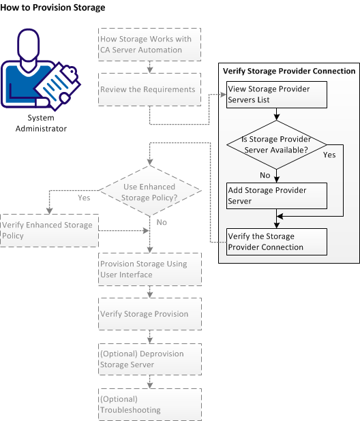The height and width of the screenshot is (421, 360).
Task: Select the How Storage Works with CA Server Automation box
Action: pyautogui.click(x=150, y=44)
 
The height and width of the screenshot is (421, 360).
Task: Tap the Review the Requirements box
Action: pyautogui.click(x=150, y=89)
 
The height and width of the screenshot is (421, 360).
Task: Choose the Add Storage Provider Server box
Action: pyautogui.click(x=277, y=196)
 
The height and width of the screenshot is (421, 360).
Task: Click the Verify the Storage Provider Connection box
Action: pyautogui.click(x=277, y=242)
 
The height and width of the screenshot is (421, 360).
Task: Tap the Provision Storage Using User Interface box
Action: pyautogui.click(x=150, y=269)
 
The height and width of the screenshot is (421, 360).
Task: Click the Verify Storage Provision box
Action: pyautogui.click(x=150, y=314)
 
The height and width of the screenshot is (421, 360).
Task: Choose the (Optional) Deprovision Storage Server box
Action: pyautogui.click(x=150, y=360)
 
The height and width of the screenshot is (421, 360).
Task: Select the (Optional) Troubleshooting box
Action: pyautogui.click(x=150, y=405)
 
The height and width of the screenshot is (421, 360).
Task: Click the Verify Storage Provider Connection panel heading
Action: pyautogui.click(x=289, y=71)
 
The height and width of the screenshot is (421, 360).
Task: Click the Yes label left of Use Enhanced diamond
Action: pyautogui.click(x=85, y=198)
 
